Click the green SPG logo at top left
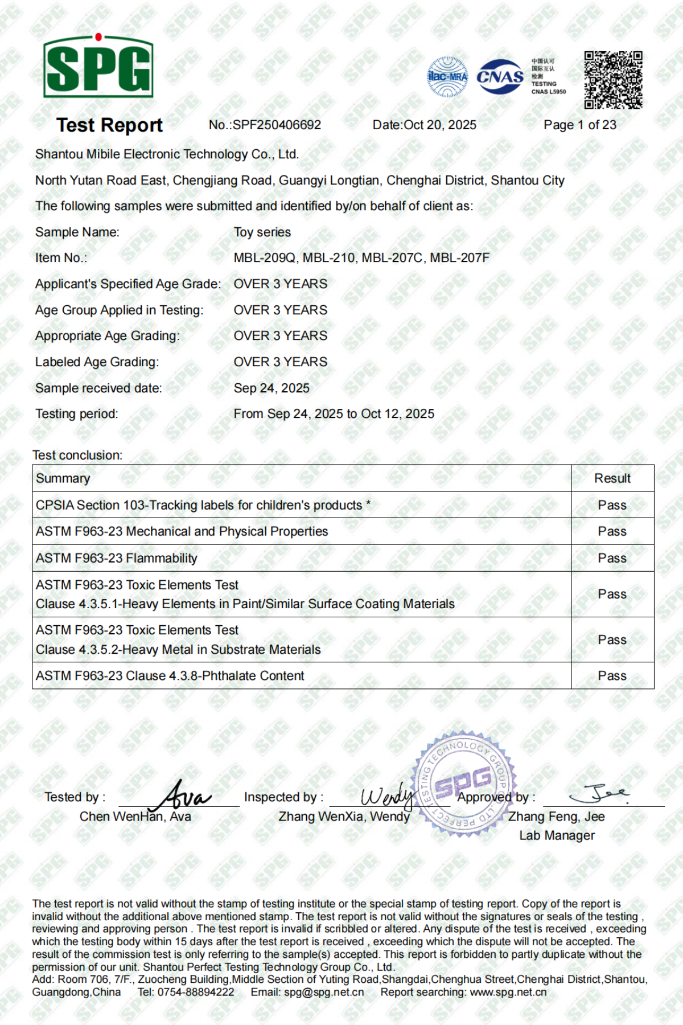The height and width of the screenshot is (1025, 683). pos(98,67)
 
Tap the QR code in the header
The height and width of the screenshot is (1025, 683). pos(613,80)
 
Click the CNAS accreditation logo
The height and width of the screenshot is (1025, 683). pos(500,77)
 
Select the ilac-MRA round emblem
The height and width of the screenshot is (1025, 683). pos(447,76)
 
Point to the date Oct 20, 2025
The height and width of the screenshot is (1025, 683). pos(439,125)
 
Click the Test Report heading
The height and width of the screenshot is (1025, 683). pos(109,125)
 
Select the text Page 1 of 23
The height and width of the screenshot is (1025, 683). pos(579,125)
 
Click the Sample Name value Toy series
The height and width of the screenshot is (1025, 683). pos(262,232)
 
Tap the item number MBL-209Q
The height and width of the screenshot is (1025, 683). pos(265,258)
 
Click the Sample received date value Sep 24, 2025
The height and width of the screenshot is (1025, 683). pos(271,388)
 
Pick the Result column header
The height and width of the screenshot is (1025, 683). pos(612,478)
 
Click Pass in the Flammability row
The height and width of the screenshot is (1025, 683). pos(612,559)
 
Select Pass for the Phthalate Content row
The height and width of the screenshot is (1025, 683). pos(612,676)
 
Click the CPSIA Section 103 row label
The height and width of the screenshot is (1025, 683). pos(203,505)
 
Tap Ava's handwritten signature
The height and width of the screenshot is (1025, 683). pos(183,795)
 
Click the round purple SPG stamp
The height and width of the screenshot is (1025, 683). pos(464,785)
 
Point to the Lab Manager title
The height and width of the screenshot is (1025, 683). pos(557,835)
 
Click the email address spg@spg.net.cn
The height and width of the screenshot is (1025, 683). pos(324,993)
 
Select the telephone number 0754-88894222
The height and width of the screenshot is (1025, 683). pos(196,993)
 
